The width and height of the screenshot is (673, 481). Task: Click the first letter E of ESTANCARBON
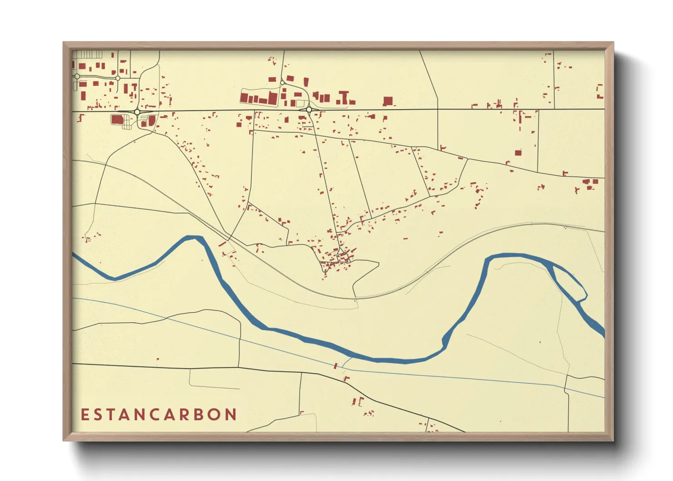pos(84,415)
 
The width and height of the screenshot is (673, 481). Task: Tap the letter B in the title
pos(197,415)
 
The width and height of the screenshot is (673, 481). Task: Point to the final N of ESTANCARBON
pos(231,415)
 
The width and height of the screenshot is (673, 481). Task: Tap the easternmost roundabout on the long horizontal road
pos(309,110)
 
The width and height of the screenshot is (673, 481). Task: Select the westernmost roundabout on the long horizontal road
pos(137,111)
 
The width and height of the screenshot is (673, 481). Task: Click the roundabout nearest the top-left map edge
pos(77,76)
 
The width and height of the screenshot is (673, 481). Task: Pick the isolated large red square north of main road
pos(388,101)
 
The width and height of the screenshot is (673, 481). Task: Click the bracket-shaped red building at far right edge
pos(600,91)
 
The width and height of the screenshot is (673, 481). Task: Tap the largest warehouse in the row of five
pos(272,98)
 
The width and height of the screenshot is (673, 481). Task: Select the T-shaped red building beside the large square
pos(344,97)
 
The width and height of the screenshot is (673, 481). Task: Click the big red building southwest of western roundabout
pos(117,120)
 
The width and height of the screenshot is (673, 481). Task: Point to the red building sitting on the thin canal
pos(336,366)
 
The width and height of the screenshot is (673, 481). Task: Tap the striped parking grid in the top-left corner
pos(89,54)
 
